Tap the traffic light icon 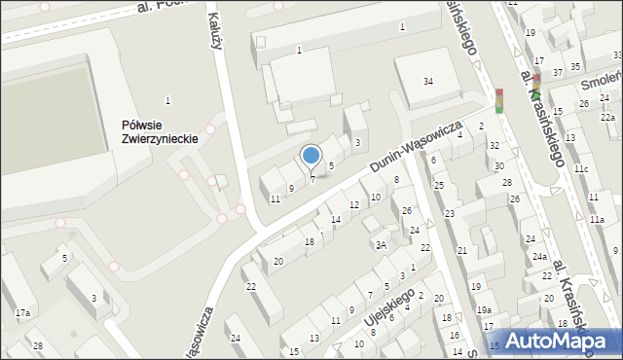(499, 101)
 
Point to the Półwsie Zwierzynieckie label (161, 131)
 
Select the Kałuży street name (217, 21)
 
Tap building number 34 (428, 81)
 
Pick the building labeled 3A (382, 245)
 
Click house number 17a (22, 312)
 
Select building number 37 (558, 73)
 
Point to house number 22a (606, 118)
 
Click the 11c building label (580, 169)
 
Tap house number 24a (538, 257)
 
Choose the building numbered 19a (484, 310)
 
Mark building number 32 (495, 146)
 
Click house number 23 (450, 213)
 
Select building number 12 (353, 205)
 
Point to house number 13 (313, 338)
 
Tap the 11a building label (597, 220)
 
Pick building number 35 (576, 66)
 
